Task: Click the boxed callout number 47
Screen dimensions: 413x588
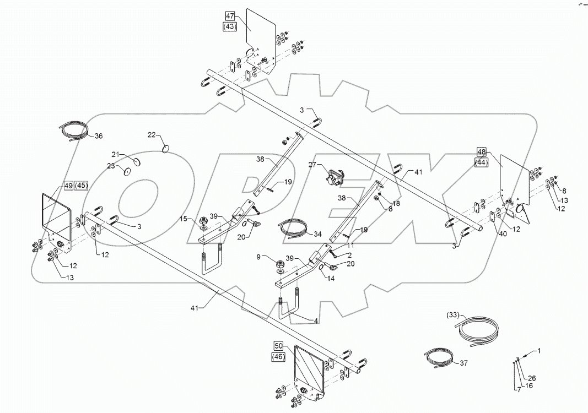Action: tap(230, 16)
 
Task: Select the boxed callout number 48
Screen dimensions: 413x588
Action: tap(482, 152)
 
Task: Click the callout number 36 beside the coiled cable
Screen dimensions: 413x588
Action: tap(98, 136)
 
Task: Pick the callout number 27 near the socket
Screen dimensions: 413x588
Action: tap(312, 165)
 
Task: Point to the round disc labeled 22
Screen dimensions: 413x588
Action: tap(166, 148)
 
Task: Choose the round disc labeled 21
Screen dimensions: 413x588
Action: tap(136, 160)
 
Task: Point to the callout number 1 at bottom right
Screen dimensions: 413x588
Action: tap(540, 351)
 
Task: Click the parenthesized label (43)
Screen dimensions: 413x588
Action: tap(230, 26)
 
